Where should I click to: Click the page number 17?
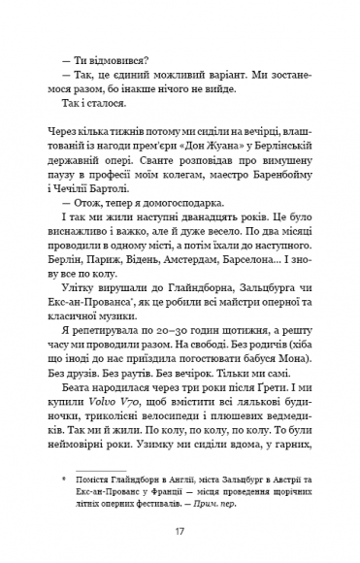click(x=180, y=532)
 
